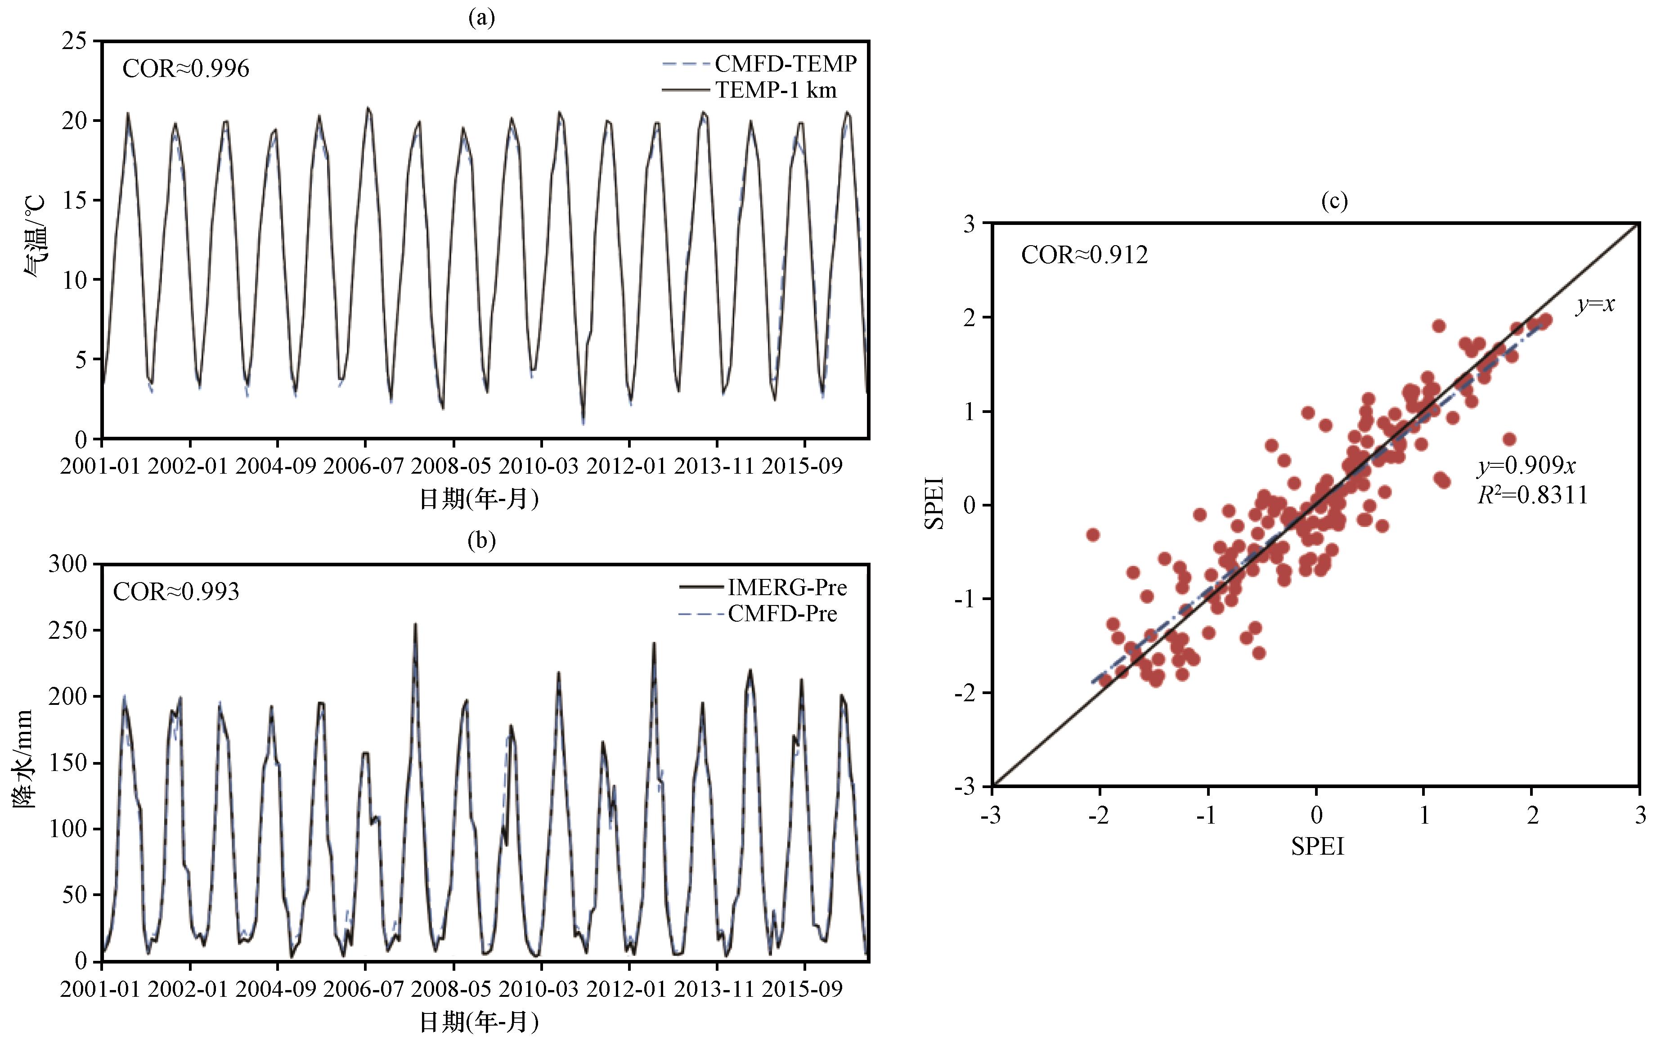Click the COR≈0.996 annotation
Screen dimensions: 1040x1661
186,69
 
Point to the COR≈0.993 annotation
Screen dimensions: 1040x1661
176,592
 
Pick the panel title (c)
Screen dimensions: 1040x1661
1334,201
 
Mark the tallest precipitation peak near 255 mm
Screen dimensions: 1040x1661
415,624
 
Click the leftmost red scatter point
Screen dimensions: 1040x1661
1093,534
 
